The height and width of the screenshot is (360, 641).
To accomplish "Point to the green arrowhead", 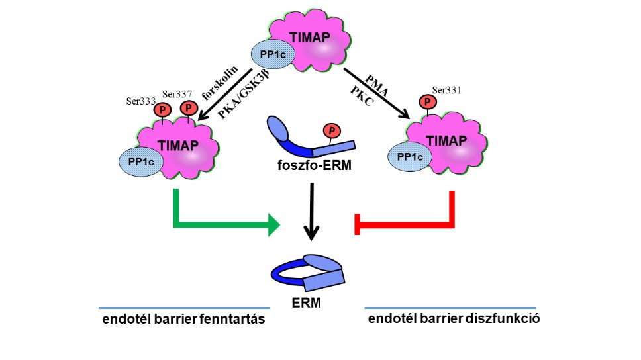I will click(x=274, y=226).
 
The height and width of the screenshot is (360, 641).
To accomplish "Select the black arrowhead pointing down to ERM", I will click(x=311, y=232).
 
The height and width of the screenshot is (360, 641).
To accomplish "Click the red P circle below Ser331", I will click(x=428, y=103).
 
